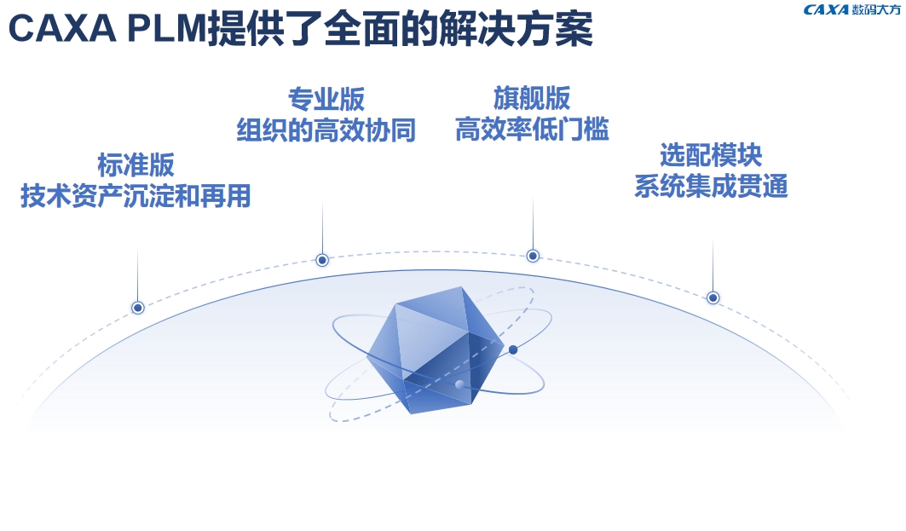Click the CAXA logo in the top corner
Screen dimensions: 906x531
pyautogui.click(x=851, y=10)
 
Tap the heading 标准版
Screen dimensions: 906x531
pyautogui.click(x=136, y=165)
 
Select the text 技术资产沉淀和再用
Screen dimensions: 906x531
pyautogui.click(x=136, y=196)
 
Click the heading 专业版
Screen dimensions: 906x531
pyautogui.click(x=326, y=100)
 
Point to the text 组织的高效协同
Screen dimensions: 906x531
pyautogui.click(x=326, y=130)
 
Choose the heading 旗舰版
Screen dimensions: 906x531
pyautogui.click(x=532, y=98)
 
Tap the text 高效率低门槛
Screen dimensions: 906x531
pyautogui.click(x=532, y=129)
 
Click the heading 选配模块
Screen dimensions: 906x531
pyautogui.click(x=711, y=155)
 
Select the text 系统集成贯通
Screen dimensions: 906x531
pyautogui.click(x=711, y=186)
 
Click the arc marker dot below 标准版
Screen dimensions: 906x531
pyautogui.click(x=137, y=308)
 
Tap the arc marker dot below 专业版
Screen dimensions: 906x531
pyautogui.click(x=322, y=260)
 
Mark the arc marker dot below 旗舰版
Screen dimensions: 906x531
pyautogui.click(x=533, y=256)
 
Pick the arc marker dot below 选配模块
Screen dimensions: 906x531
pyautogui.click(x=713, y=297)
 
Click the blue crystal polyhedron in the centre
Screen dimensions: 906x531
pyautogui.click(x=435, y=350)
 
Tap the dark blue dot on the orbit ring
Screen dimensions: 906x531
pyautogui.click(x=512, y=349)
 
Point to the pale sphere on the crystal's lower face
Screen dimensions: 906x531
pyautogui.click(x=460, y=384)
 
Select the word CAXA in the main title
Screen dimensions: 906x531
pyautogui.click(x=62, y=29)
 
